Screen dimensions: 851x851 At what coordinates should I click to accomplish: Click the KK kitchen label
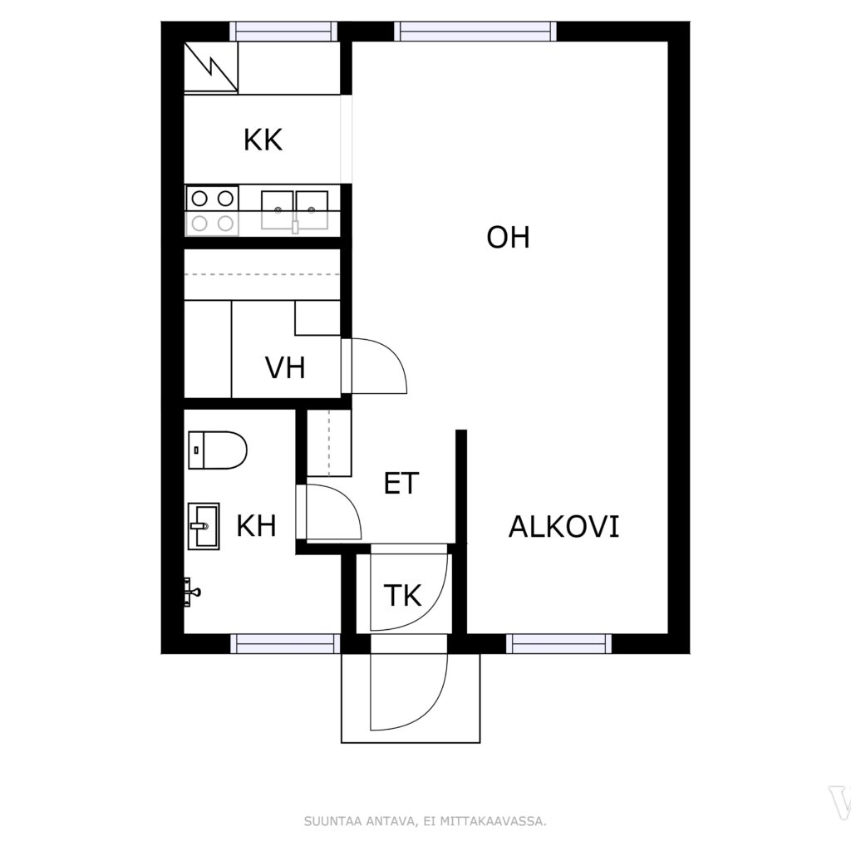click(263, 140)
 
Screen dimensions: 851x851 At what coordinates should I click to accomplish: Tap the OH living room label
click(508, 237)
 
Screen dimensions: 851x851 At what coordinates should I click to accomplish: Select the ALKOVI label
click(563, 526)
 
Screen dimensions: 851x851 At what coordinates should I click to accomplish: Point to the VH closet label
click(285, 367)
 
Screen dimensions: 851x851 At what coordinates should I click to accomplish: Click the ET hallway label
click(401, 483)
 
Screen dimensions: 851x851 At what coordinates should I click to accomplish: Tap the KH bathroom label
click(256, 525)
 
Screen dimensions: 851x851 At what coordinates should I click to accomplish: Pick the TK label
click(402, 595)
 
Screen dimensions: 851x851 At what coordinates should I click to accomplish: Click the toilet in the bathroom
click(218, 450)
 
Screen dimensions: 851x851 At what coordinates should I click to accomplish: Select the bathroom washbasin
click(204, 526)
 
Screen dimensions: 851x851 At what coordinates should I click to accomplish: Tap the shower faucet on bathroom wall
click(191, 592)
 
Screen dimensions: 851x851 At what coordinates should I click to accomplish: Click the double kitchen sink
click(295, 210)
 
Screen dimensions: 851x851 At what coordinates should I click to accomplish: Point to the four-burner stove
click(212, 210)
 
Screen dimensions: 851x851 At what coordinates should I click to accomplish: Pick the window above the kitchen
click(283, 32)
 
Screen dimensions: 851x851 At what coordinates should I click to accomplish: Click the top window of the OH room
click(475, 32)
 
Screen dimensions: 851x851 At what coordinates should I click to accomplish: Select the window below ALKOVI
click(559, 644)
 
